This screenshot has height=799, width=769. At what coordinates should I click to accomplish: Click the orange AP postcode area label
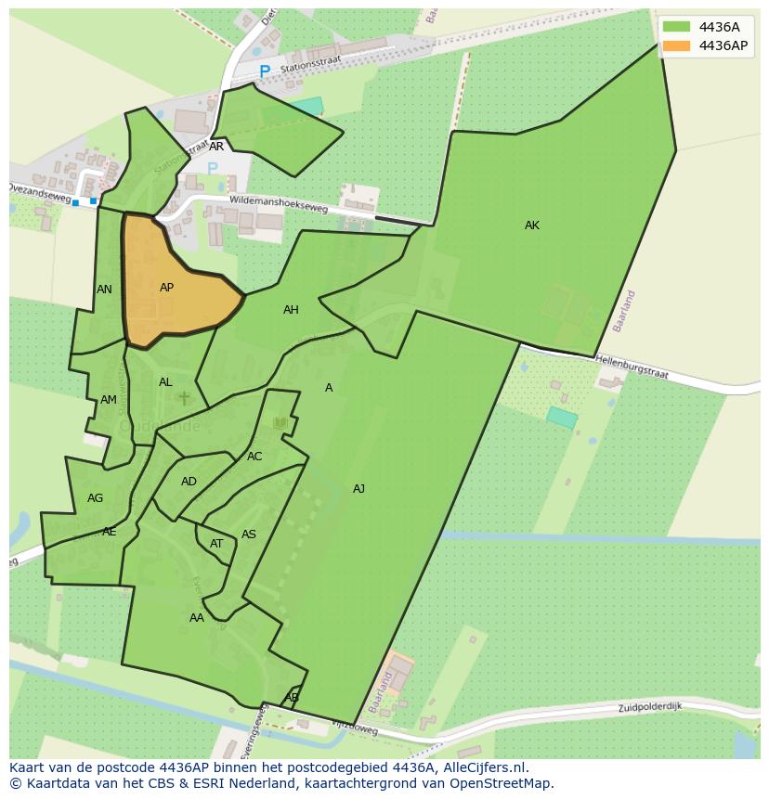pyautogui.click(x=166, y=288)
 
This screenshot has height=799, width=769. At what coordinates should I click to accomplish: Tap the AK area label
pyautogui.click(x=531, y=226)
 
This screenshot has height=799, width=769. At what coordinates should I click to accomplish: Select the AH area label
pyautogui.click(x=291, y=310)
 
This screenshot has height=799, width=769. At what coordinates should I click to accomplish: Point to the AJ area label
pyautogui.click(x=358, y=489)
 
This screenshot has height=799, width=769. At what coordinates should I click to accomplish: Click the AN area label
pyautogui.click(x=104, y=290)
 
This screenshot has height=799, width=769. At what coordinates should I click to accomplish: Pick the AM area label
pyautogui.click(x=109, y=400)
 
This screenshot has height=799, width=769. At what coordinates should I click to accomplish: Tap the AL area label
pyautogui.click(x=165, y=382)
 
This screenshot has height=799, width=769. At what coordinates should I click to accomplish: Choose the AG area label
pyautogui.click(x=95, y=498)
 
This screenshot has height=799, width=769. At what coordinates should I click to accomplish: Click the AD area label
pyautogui.click(x=189, y=482)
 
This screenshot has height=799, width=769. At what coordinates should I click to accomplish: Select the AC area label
pyautogui.click(x=254, y=457)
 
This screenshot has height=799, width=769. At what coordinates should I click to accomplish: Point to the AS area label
pyautogui.click(x=249, y=535)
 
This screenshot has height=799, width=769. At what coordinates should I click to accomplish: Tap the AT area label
pyautogui.click(x=216, y=544)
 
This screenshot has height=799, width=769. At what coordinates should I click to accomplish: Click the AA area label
pyautogui.click(x=197, y=618)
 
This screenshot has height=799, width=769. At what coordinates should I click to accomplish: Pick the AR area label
pyautogui.click(x=216, y=147)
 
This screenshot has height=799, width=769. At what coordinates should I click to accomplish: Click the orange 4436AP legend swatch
pyautogui.click(x=676, y=45)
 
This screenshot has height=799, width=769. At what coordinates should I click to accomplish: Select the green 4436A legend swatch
pyautogui.click(x=676, y=27)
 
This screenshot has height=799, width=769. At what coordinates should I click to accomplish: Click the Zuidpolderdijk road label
pyautogui.click(x=650, y=707)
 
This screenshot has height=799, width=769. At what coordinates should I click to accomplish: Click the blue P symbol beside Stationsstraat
pyautogui.click(x=265, y=71)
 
